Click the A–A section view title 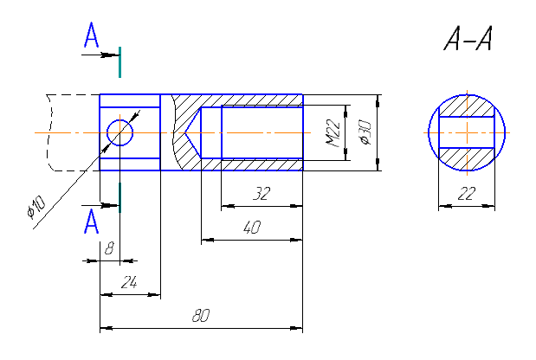click(468, 39)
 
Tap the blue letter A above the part click(91, 35)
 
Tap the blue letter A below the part click(91, 222)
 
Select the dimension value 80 click(201, 316)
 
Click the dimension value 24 click(129, 282)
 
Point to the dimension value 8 click(109, 248)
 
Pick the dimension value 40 click(252, 228)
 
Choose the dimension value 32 click(262, 194)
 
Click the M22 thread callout click(333, 133)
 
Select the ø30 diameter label click(365, 132)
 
